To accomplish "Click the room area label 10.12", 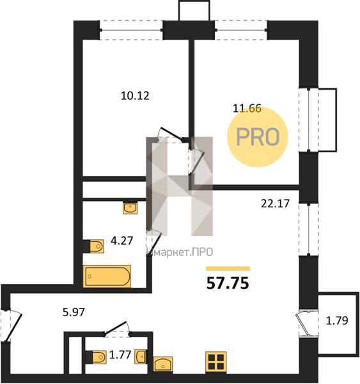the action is click(135, 95).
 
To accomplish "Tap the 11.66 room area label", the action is click(247, 108).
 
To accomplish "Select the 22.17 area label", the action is click(275, 204).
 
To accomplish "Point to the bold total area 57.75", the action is click(228, 283).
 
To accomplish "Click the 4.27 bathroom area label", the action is click(121, 241).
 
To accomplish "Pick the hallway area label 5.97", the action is click(74, 312).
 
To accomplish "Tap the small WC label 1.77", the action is click(120, 355).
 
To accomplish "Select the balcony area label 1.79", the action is click(337, 321).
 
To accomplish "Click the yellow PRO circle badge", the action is click(258, 137).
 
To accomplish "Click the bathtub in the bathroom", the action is click(107, 276).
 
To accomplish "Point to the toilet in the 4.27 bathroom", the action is click(94, 246).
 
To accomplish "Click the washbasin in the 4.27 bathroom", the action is click(130, 208).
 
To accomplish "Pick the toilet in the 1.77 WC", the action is click(96, 357).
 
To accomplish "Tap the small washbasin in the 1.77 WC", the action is click(141, 356).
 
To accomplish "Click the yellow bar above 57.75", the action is click(228, 269).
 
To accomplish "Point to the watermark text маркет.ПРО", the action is click(180, 252).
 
